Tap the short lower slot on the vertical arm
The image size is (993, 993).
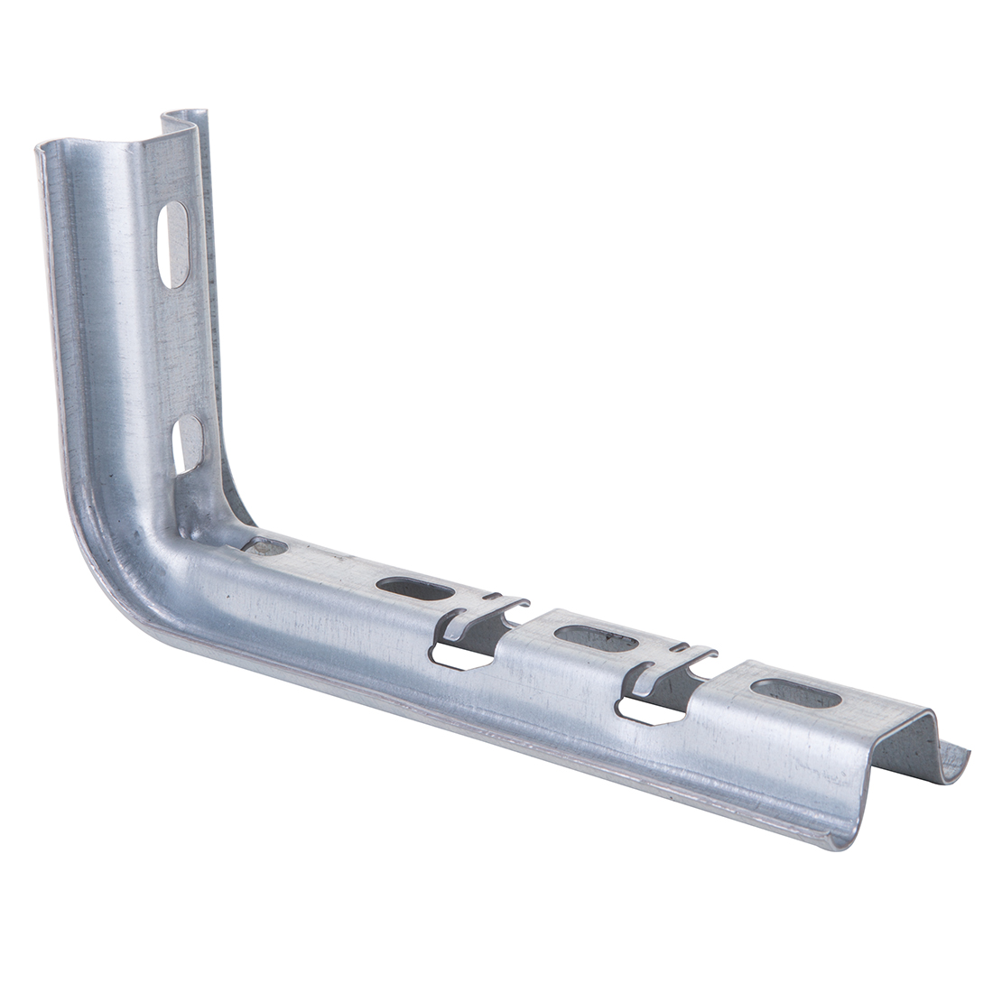pyautogui.click(x=188, y=444)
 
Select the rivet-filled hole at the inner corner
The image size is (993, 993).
pyautogui.click(x=267, y=546)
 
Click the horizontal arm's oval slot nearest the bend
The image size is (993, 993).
pyautogui.click(x=415, y=589)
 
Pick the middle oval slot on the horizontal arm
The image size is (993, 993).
pyautogui.click(x=596, y=638)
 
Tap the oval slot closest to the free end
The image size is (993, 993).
pyautogui.click(x=796, y=693)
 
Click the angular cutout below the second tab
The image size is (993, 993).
pyautogui.click(x=648, y=711)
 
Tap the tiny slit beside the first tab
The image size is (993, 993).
pyautogui.click(x=490, y=597)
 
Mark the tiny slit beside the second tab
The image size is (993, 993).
pyautogui.click(x=679, y=647)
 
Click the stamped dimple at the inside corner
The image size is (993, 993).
pyautogui.click(x=194, y=519)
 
